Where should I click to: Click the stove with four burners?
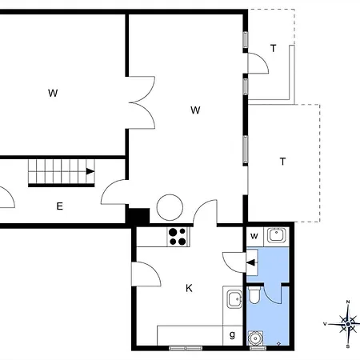click(x=178, y=236)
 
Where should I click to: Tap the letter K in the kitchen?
click(x=190, y=288)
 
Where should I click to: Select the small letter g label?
click(x=232, y=334)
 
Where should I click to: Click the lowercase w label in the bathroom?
click(x=254, y=235)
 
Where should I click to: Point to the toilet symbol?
click(x=254, y=298)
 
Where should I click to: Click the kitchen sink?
click(x=234, y=300)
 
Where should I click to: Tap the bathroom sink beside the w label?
click(x=276, y=234)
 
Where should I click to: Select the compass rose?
click(x=348, y=324)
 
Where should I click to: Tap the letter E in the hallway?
click(x=59, y=206)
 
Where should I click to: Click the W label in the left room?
click(x=53, y=94)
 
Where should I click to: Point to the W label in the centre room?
click(x=194, y=110)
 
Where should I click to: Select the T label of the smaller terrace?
click(x=273, y=49)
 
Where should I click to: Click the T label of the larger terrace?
click(x=282, y=162)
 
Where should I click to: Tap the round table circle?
click(x=170, y=208)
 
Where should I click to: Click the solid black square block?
click(x=138, y=216)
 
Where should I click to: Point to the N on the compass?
click(x=348, y=302)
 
